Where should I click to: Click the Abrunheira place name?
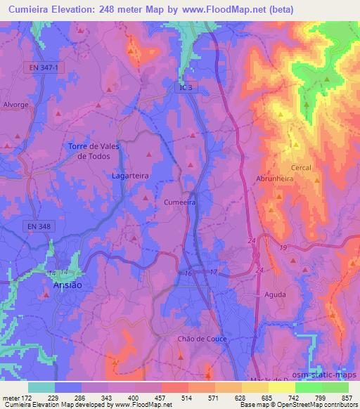pyautogui.click(x=274, y=178)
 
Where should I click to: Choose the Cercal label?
pyautogui.click(x=300, y=168)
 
